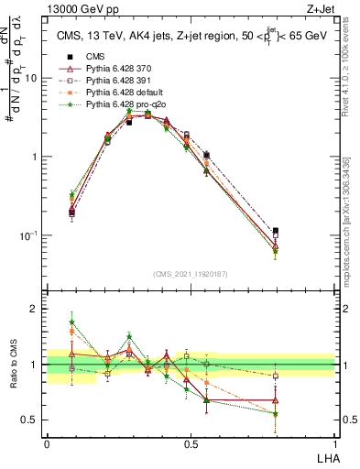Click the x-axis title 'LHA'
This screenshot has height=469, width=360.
point(324,457)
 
